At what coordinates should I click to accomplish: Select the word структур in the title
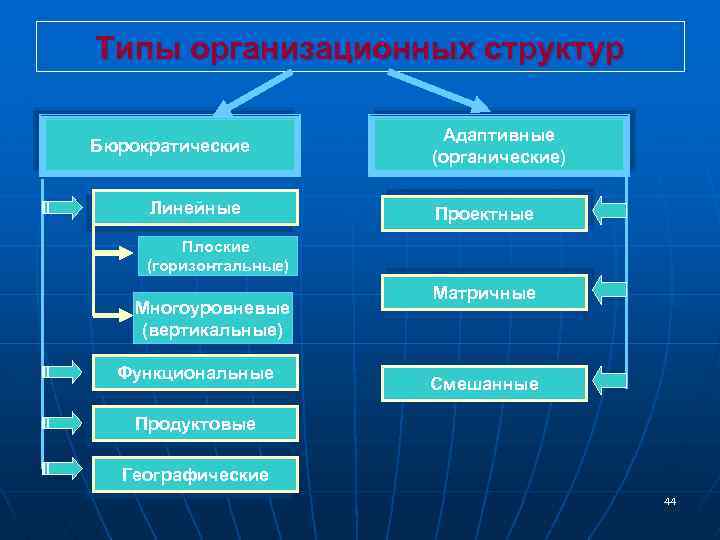coord(539,48)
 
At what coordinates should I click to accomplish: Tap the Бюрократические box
coord(169,147)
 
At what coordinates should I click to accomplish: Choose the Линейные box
coord(195,207)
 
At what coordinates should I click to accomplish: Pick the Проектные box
coord(484,214)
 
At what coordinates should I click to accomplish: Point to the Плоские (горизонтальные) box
coord(216,256)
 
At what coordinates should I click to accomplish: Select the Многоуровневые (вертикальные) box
coord(212,318)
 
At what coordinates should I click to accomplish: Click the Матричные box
coord(484,293)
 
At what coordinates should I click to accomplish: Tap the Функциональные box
coord(195,373)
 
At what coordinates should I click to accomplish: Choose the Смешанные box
coord(484,383)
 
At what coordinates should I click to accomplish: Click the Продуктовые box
coord(195,424)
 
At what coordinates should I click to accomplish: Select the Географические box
coord(195,475)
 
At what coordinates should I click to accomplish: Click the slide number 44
coord(669,501)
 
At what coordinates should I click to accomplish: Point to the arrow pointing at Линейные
coord(64,208)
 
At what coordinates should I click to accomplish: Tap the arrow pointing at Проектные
coord(609,210)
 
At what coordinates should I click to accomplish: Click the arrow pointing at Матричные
coord(609,289)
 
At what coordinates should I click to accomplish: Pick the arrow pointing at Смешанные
coord(609,379)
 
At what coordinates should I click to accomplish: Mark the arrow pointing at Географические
coord(64,468)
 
